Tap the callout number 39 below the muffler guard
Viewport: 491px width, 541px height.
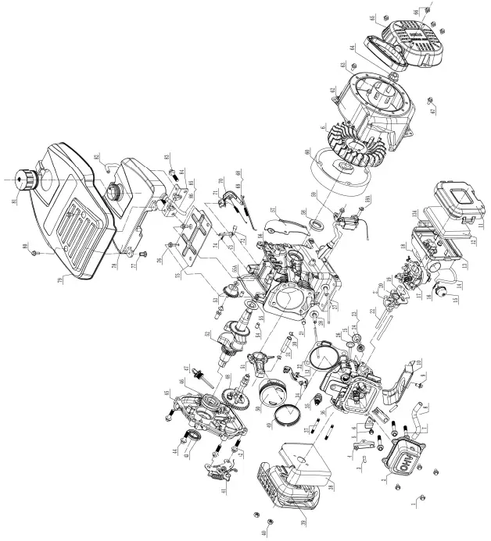click(x=303, y=521)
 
